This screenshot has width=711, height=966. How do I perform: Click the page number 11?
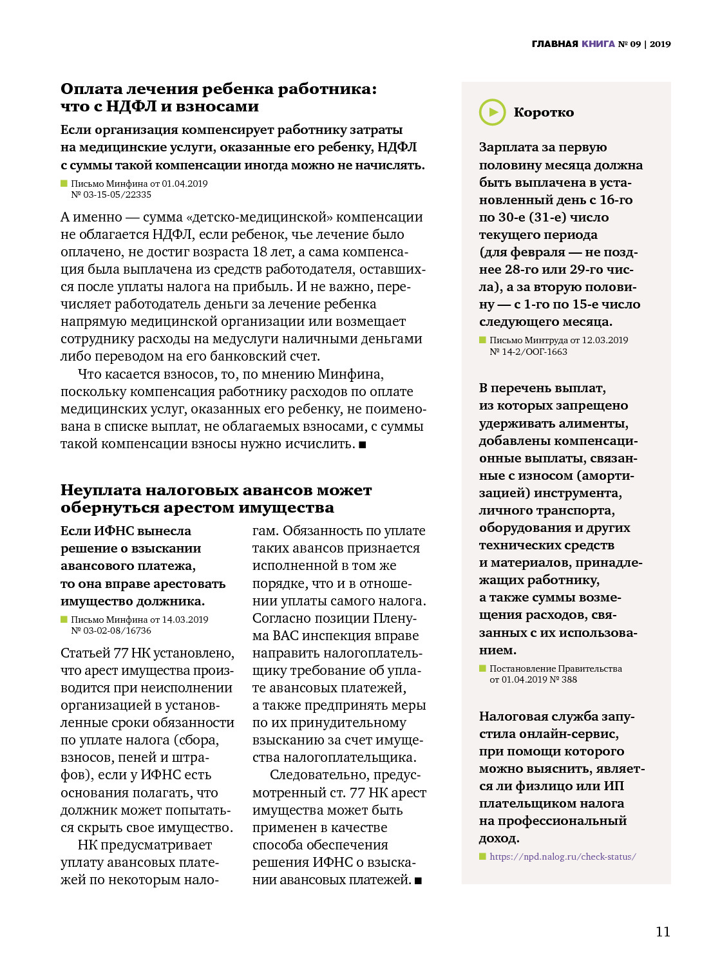tap(663, 931)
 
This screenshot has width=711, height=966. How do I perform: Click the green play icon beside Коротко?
tap(493, 112)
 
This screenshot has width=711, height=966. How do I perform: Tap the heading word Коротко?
tap(544, 113)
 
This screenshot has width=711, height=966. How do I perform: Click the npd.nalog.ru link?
tap(562, 857)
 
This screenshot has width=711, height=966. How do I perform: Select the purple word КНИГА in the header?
tap(598, 44)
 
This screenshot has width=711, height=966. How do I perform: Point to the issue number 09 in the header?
tap(635, 44)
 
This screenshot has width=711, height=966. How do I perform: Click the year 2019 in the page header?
tap(660, 44)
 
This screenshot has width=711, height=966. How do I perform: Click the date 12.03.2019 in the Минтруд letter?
tap(605, 340)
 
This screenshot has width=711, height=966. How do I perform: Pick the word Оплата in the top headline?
tap(91, 89)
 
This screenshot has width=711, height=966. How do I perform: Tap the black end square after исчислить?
tap(362, 444)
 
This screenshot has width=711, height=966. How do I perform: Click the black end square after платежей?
tap(418, 880)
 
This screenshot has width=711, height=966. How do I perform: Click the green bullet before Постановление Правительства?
tap(482, 668)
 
